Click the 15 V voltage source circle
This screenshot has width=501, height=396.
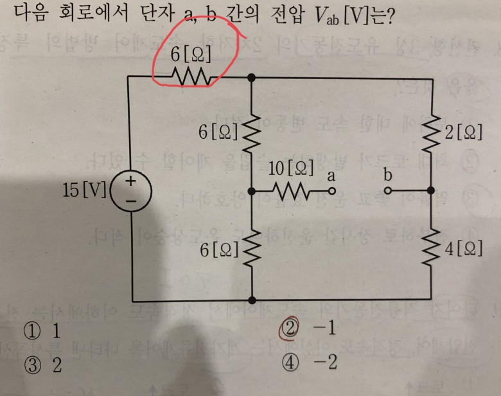tap(131, 191)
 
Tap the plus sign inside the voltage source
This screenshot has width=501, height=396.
tap(131, 182)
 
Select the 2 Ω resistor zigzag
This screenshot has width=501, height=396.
tap(430, 134)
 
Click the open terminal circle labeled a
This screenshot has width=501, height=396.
tap(332, 191)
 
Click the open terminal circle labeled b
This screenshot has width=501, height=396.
tap(388, 191)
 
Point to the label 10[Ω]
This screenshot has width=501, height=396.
tap(292, 169)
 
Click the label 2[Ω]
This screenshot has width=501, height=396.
tap(463, 133)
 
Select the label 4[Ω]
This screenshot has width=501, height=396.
tap(463, 249)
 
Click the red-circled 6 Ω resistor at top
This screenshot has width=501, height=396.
tap(191, 77)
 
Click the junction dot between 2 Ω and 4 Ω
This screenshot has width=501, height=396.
tap(430, 191)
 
